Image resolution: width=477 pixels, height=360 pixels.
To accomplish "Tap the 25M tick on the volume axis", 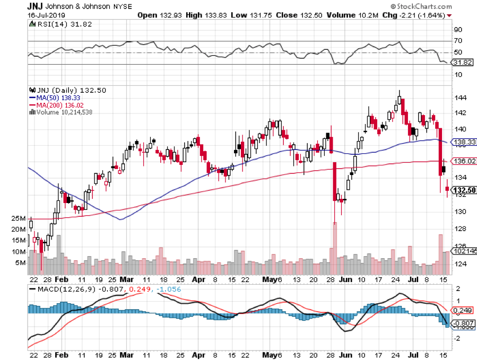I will [20, 218].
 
